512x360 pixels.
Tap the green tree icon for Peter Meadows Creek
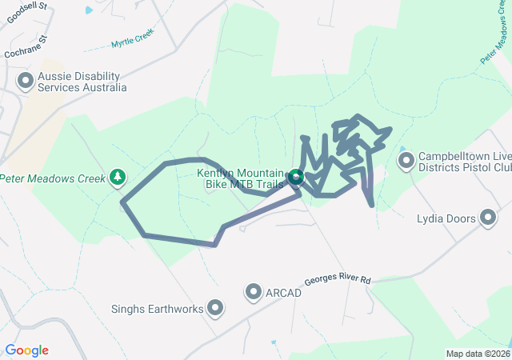point(118,176)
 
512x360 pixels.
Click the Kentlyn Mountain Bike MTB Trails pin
point(295,178)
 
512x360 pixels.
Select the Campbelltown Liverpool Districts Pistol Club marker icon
point(406,162)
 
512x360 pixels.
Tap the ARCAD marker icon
point(254,293)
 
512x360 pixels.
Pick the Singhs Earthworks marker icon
point(215,308)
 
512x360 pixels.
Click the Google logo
point(26,350)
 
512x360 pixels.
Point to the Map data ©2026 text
point(478,354)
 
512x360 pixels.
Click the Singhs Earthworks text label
point(158,309)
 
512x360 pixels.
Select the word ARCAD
point(285,293)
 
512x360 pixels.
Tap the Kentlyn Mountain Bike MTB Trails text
point(241,179)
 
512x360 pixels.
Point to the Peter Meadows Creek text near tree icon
point(53,178)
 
